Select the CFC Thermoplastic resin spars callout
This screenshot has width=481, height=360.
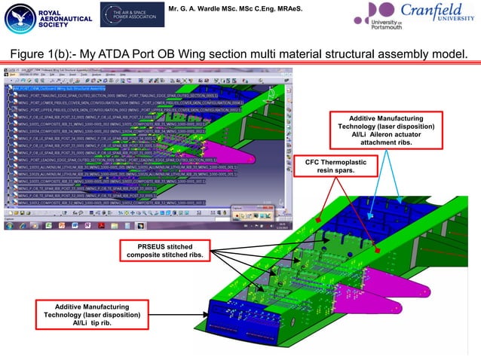(329, 166)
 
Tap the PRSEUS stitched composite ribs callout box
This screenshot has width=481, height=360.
(164, 251)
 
